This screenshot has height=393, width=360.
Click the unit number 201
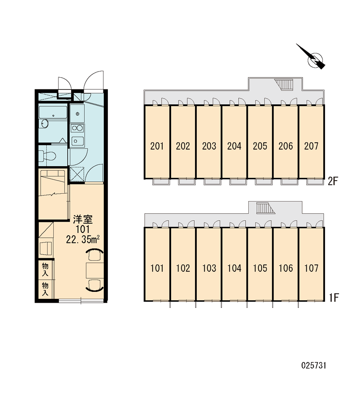tap(157, 146)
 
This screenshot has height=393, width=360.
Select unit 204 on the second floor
tap(234, 146)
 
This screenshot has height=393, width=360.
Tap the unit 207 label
tap(311, 146)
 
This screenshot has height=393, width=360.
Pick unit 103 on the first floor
tap(209, 268)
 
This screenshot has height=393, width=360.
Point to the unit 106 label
tap(286, 268)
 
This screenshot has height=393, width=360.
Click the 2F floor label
tap(333, 181)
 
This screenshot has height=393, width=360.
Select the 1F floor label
tap(334, 298)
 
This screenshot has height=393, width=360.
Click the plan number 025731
tap(314, 366)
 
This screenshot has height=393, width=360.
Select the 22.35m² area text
tap(83, 239)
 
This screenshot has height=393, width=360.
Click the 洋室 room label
tap(83, 219)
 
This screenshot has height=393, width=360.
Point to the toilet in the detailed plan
tap(47, 156)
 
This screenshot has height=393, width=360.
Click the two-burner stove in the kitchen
tap(77, 128)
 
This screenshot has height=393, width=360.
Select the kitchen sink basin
tap(78, 141)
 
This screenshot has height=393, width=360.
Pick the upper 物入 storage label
tap(45, 270)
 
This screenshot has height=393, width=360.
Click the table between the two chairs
tap(95, 270)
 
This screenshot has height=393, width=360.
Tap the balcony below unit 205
tap(264, 182)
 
